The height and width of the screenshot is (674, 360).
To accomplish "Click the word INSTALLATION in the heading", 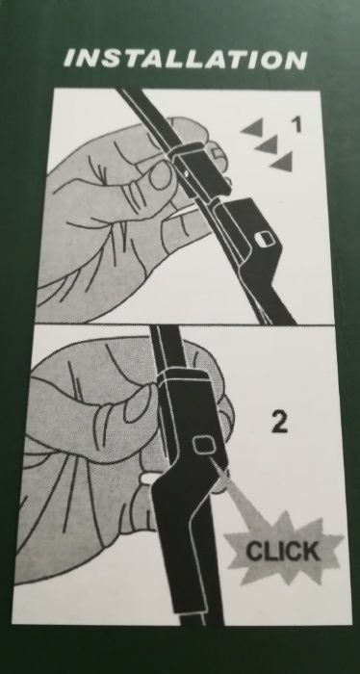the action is coord(185,60).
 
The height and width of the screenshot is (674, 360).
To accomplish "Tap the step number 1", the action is coord(296,124).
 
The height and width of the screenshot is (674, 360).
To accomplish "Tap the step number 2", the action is coord(280,423).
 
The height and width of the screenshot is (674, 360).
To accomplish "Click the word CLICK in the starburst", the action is coord(283,551).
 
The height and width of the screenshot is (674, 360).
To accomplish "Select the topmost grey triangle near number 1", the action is coord(253,127).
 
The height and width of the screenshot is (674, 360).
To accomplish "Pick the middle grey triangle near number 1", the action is coord(268,144).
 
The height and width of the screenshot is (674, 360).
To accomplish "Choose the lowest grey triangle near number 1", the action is coord(283,162).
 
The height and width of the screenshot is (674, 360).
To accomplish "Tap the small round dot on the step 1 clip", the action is coord(185,172).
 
